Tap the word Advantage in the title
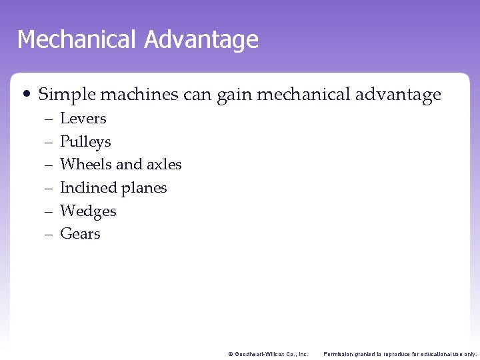pos(201,40)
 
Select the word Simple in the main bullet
pos(65,95)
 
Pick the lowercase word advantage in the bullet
pos(400,95)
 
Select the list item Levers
pos(83,119)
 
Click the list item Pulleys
pos(85,142)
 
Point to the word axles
pos(164,165)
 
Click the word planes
pos(146,189)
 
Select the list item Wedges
pos(88,211)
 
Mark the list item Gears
pos(80,234)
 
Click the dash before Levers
pos(48,119)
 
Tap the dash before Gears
pos(48,235)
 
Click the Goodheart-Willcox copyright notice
pos(268,354)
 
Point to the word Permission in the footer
pos(339,354)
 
